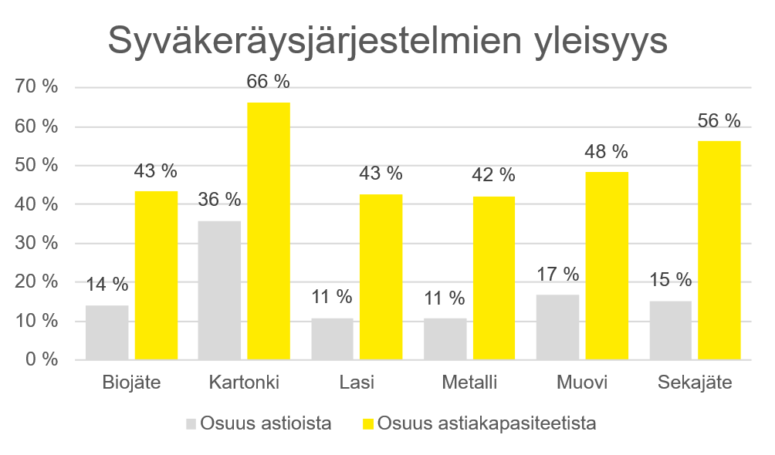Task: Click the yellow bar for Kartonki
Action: [269, 231]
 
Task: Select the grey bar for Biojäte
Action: [107, 332]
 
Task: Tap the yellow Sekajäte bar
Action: [719, 251]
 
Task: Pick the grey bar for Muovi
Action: [558, 327]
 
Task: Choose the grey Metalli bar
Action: [445, 339]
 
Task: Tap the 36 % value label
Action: [220, 200]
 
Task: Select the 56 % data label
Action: [719, 121]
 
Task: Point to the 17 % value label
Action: [558, 274]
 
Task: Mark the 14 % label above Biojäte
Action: [107, 285]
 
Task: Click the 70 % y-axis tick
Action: [37, 88]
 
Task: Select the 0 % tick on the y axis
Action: [42, 360]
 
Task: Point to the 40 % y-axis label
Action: [37, 204]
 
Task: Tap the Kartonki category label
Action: [244, 383]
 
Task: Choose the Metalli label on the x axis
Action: [469, 383]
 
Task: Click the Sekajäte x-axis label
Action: [695, 383]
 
